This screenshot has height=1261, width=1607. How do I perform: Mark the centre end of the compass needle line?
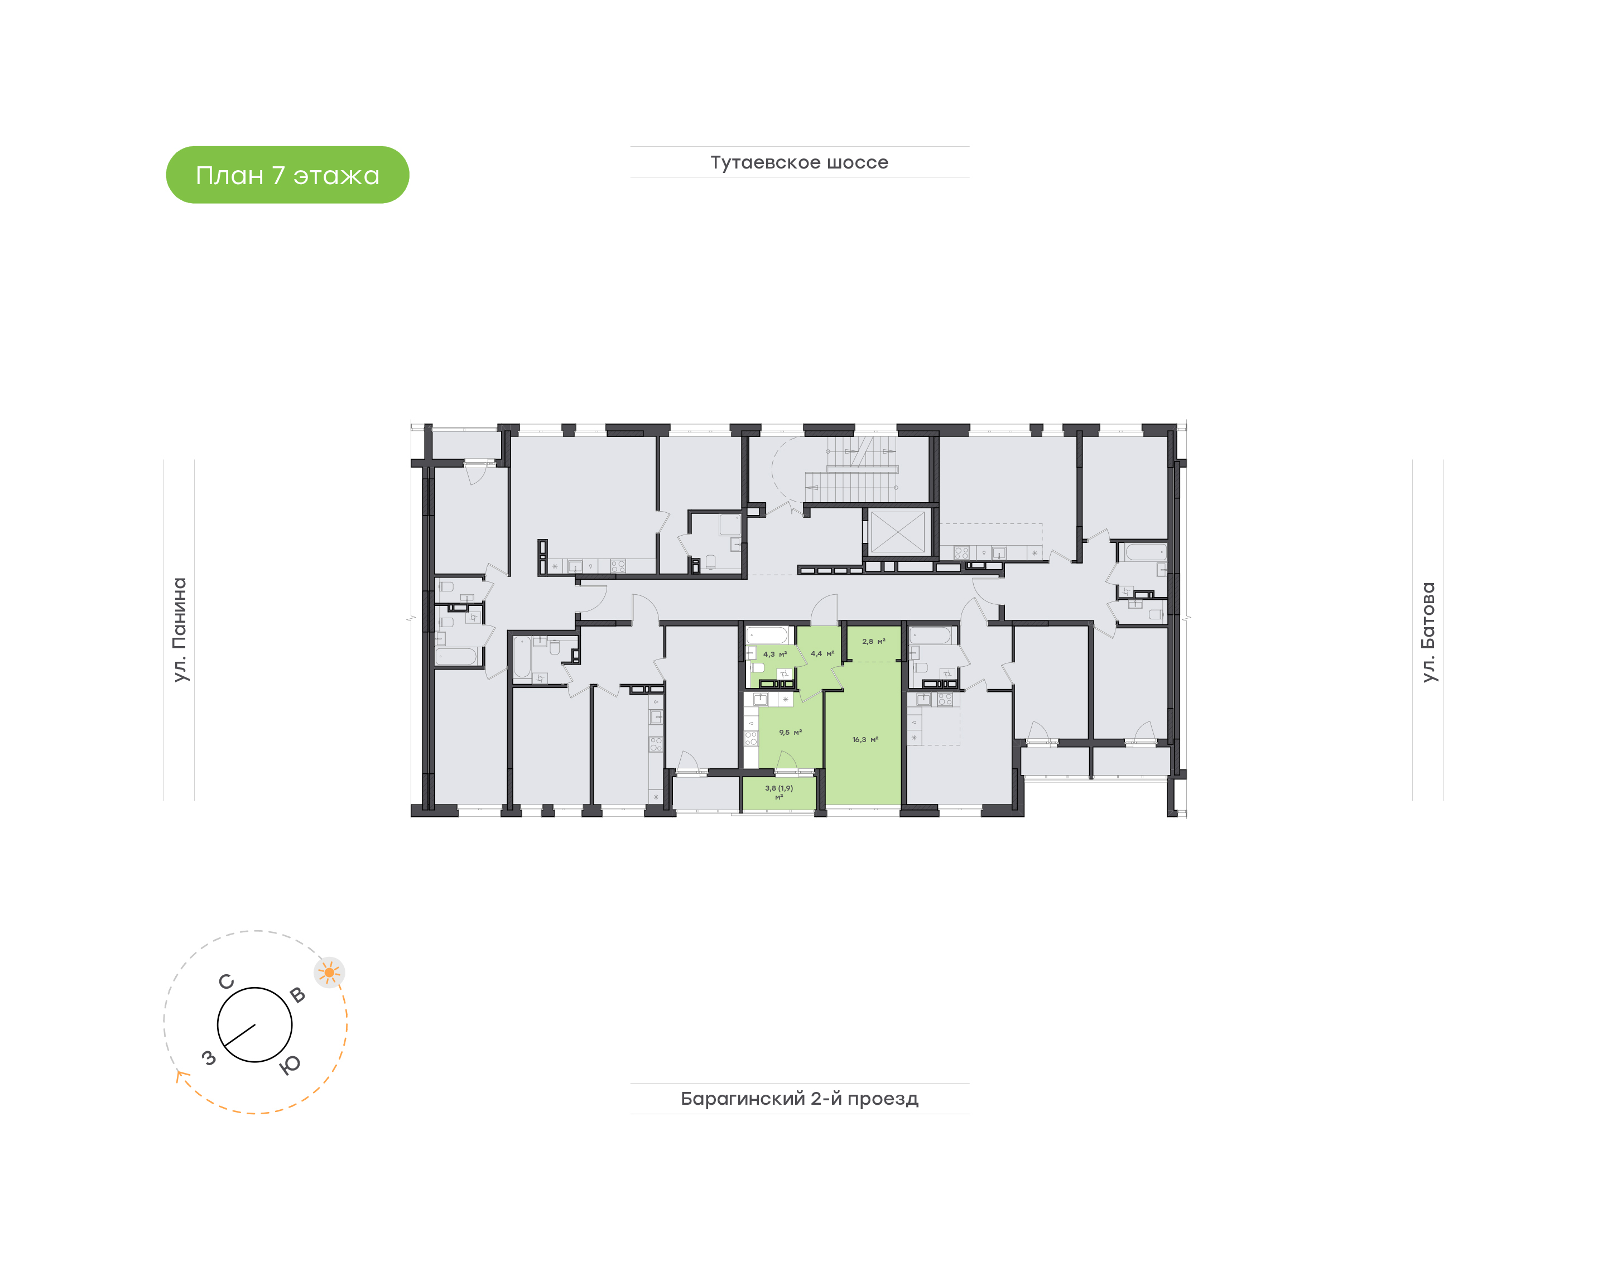pos(254,1025)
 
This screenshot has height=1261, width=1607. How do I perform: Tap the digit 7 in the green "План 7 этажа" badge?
pos(278,175)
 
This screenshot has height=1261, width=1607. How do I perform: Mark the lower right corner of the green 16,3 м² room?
pos(901,804)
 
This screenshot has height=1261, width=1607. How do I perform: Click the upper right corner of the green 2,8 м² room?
pos(901,627)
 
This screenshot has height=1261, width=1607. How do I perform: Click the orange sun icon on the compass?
pos(329,973)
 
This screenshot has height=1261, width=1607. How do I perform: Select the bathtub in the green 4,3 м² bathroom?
pos(768,635)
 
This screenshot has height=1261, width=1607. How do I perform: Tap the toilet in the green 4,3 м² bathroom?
pos(757,667)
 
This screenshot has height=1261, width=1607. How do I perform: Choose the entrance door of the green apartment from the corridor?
pos(825,610)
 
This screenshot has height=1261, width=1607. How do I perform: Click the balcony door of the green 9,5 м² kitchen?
pos(787,763)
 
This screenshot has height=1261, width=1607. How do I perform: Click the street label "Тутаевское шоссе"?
pos(800,162)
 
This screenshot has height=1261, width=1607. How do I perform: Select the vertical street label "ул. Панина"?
pos(179,630)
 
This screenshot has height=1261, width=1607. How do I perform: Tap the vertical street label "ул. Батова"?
pos(1428,632)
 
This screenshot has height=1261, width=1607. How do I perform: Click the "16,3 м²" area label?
pos(865,739)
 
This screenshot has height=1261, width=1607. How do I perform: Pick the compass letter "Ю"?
pos(290,1065)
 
